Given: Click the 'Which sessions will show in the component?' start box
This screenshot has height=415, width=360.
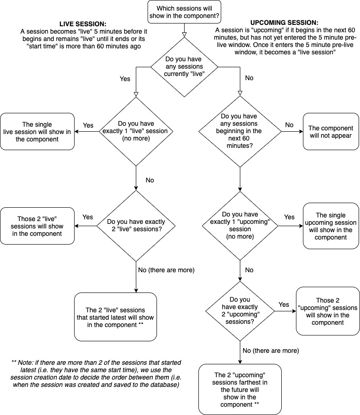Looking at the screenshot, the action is (x=184, y=12).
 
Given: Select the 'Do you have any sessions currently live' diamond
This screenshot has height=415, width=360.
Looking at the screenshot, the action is (x=184, y=67).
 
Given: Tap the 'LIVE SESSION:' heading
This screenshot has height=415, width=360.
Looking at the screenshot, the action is (x=83, y=24).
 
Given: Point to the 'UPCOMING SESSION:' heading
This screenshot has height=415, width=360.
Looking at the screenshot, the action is (x=285, y=23).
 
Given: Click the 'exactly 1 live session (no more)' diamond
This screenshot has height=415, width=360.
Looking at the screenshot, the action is (x=136, y=131).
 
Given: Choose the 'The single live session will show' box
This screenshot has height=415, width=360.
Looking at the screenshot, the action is (x=37, y=132).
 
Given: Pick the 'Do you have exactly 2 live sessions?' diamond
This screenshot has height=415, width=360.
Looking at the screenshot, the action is (x=136, y=226).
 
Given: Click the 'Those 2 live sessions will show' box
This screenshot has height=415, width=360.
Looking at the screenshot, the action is (x=37, y=226).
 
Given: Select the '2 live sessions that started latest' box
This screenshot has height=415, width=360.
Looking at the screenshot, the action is (x=116, y=317).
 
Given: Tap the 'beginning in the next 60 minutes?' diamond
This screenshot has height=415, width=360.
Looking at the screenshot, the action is (x=240, y=131).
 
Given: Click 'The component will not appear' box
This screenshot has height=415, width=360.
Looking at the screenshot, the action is (x=331, y=132).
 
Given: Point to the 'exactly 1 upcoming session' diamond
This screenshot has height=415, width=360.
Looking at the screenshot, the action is (x=240, y=226).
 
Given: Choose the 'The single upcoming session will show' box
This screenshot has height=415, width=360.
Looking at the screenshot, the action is (x=331, y=226).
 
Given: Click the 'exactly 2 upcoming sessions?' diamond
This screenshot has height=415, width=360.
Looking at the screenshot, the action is (x=240, y=311).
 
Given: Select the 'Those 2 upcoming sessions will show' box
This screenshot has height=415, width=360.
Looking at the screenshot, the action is (x=328, y=311).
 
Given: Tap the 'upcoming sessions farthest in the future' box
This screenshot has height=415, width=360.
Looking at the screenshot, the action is (x=240, y=389).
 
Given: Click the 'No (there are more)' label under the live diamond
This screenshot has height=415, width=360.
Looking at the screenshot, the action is (x=166, y=270).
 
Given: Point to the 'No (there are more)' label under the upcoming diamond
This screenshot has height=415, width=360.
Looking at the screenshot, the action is (x=271, y=351).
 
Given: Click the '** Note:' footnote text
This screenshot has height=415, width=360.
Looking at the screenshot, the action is (x=97, y=374).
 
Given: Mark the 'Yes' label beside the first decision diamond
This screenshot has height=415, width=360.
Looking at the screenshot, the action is (x=125, y=79).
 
